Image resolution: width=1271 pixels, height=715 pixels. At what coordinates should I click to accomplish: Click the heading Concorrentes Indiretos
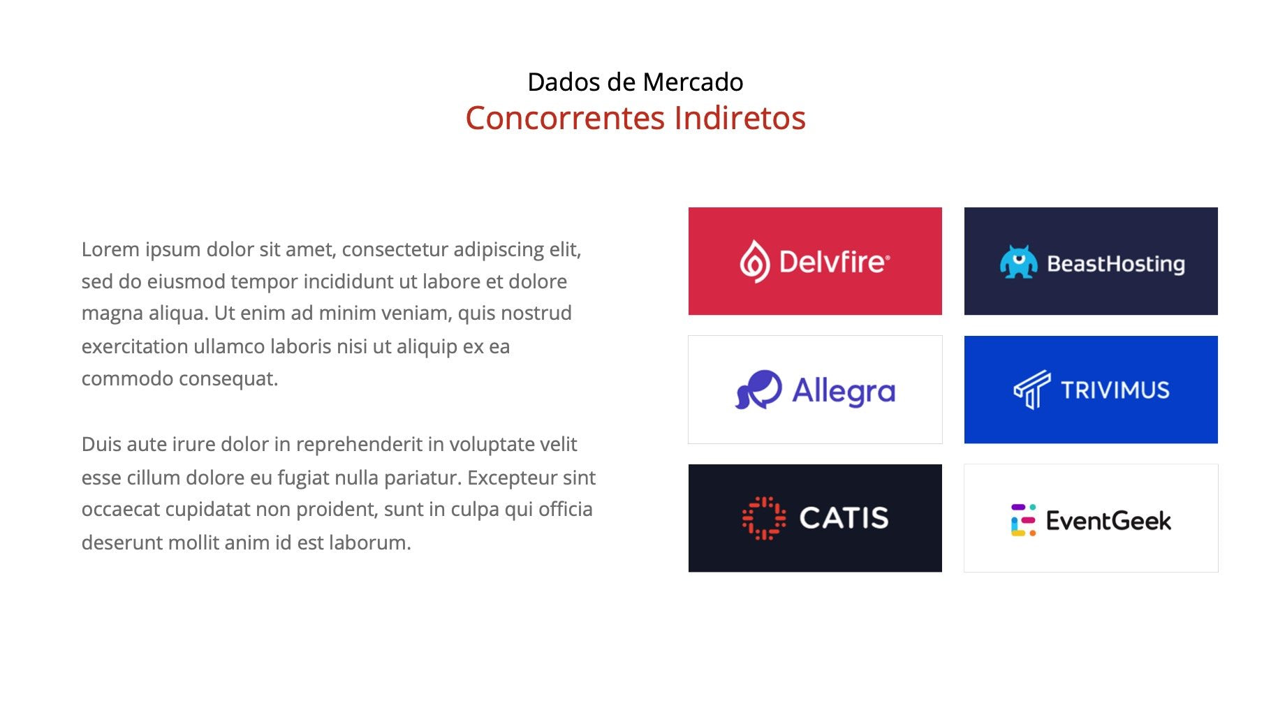click(x=635, y=117)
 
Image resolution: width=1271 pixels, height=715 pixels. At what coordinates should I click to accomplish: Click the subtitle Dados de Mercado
click(x=635, y=82)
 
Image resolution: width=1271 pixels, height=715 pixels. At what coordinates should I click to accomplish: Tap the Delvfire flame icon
click(x=755, y=261)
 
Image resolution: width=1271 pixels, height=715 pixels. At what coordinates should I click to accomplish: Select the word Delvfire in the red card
click(x=835, y=262)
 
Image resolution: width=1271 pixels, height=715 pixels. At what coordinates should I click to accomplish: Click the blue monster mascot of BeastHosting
click(x=1018, y=262)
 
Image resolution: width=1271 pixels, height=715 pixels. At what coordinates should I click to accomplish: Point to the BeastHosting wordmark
click(x=1116, y=264)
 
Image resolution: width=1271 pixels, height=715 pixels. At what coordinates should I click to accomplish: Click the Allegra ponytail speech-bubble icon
click(x=758, y=390)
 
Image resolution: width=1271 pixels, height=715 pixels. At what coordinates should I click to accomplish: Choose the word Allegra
click(x=844, y=391)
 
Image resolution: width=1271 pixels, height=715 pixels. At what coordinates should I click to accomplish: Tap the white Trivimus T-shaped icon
click(x=1032, y=389)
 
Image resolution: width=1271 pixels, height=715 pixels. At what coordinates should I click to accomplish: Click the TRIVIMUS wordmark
click(x=1115, y=390)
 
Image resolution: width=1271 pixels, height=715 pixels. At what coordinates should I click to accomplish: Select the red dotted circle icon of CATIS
click(x=764, y=518)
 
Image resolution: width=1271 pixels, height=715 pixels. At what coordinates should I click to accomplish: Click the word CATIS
click(x=844, y=518)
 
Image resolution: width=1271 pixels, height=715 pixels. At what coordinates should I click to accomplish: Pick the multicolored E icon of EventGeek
click(x=1023, y=520)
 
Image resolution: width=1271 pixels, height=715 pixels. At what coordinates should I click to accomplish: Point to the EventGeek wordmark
click(x=1109, y=521)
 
